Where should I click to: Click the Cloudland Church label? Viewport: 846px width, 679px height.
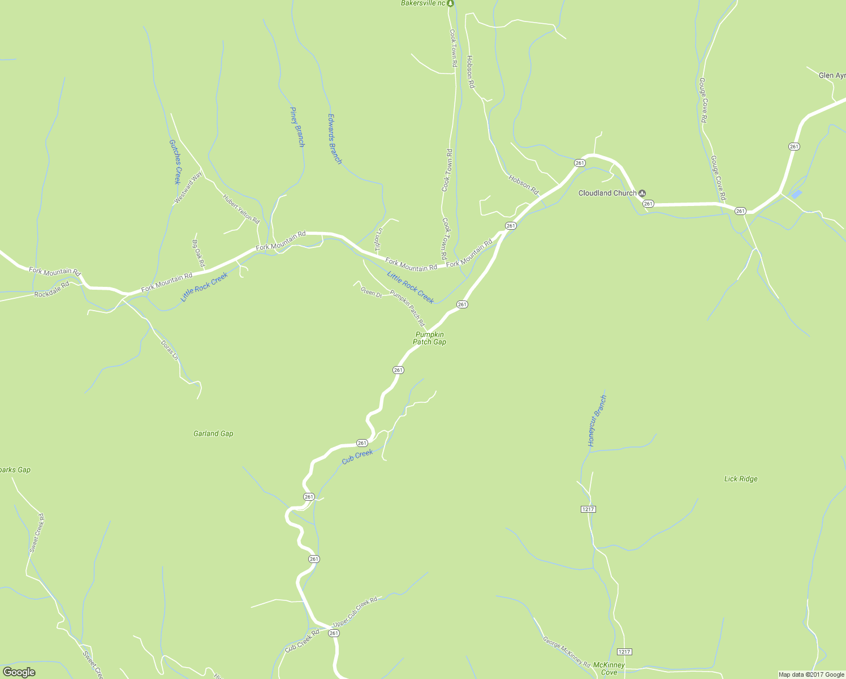(x=607, y=193)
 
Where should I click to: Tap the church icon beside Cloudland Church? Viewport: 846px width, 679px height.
(x=642, y=193)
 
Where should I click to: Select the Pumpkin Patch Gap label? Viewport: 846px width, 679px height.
(x=429, y=338)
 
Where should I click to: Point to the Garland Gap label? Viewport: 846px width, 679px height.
(x=213, y=434)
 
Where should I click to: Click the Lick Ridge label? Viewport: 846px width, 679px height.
(x=741, y=479)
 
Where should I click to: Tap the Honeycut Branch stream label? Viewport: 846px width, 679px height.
(x=597, y=422)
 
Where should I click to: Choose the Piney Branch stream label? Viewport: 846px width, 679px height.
(x=297, y=127)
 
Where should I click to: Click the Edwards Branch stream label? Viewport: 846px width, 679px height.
(x=335, y=139)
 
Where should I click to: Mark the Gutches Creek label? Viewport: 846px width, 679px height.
(x=174, y=162)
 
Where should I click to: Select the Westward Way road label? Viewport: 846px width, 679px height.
(x=188, y=188)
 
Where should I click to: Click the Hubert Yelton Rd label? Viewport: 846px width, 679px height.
(x=241, y=209)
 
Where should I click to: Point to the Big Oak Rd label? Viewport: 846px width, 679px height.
(x=198, y=253)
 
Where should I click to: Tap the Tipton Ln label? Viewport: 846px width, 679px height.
(x=379, y=239)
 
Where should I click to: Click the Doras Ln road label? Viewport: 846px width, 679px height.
(x=170, y=350)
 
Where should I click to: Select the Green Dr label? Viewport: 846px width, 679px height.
(x=371, y=293)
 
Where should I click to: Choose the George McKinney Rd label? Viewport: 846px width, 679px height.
(x=566, y=651)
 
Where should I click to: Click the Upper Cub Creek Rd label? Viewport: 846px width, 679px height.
(x=355, y=612)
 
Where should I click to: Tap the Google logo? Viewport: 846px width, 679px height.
(x=19, y=672)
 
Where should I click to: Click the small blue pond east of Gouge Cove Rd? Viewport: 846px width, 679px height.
(x=796, y=194)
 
